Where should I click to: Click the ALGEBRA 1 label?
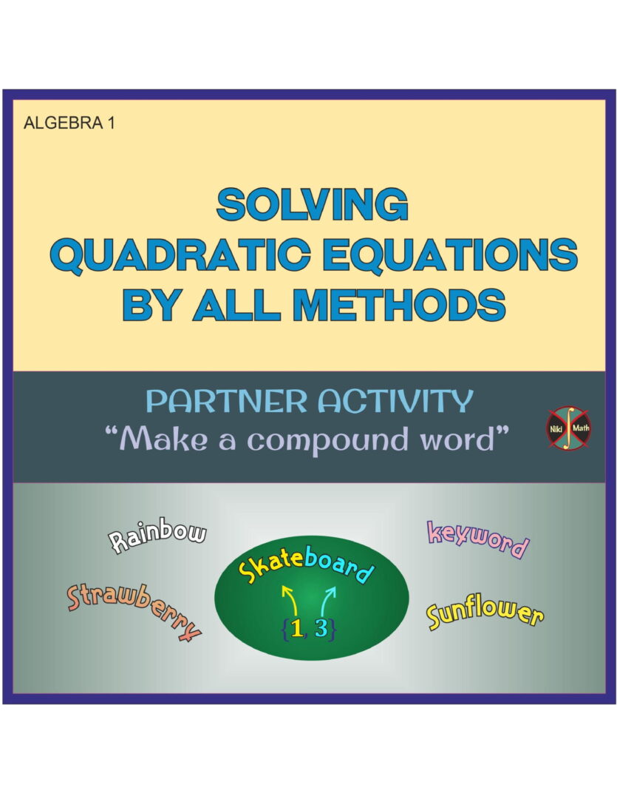click(x=69, y=123)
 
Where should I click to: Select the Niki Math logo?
click(x=568, y=428)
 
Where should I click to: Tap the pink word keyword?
click(x=478, y=539)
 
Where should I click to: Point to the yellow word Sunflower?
click(x=485, y=615)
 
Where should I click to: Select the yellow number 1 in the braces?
click(x=297, y=628)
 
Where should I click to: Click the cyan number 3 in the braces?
click(x=321, y=628)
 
